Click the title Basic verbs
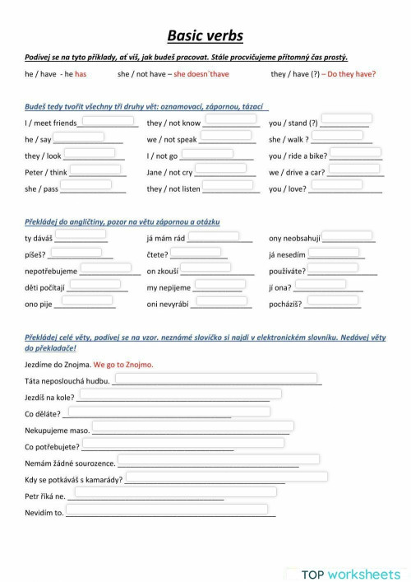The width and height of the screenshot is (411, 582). click(205, 35)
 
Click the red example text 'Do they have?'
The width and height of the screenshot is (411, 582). click(352, 73)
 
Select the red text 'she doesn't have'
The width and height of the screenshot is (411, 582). click(201, 73)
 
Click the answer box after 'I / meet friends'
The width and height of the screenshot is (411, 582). click(109, 121)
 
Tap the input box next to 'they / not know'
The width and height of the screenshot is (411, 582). click(229, 121)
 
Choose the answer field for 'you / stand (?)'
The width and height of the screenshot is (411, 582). click(345, 121)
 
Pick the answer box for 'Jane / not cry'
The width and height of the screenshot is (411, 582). click(223, 170)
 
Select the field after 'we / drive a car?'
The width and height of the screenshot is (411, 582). click(354, 170)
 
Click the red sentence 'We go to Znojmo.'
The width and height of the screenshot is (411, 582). click(123, 364)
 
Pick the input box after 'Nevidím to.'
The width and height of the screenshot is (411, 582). click(168, 510)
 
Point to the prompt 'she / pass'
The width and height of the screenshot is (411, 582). click(42, 189)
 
